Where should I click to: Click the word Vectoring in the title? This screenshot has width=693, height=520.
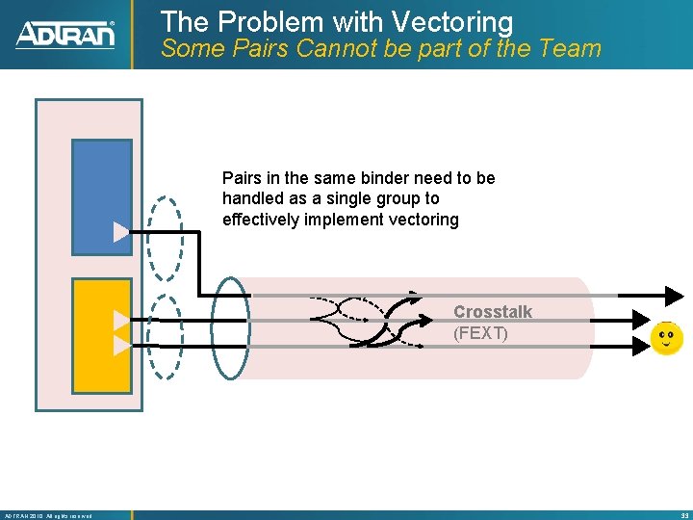[x=450, y=21]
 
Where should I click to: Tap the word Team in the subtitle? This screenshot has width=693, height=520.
[x=567, y=48]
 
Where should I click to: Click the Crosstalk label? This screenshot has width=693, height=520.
[x=493, y=312]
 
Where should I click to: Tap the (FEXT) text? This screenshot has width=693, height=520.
[x=480, y=333]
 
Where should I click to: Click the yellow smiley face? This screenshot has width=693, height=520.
[x=666, y=338]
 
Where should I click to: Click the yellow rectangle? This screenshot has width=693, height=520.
[x=101, y=334]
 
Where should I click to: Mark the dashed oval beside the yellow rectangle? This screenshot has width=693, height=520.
[x=167, y=337]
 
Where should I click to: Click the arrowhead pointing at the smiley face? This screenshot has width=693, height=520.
[x=640, y=342]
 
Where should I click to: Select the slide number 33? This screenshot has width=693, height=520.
[x=682, y=515]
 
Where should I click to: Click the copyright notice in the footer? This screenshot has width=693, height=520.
[x=48, y=515]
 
